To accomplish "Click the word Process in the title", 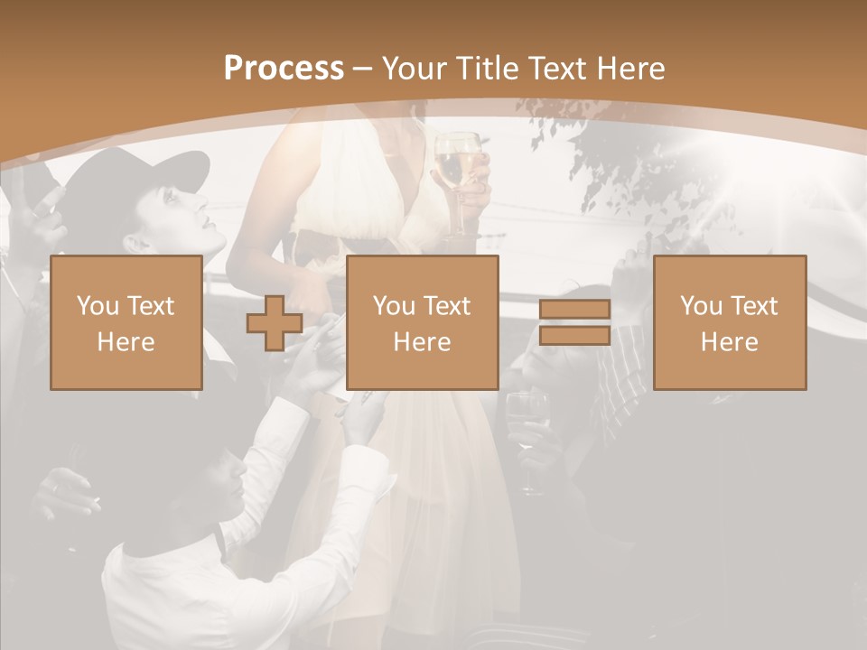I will (284, 69).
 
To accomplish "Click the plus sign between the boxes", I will (275, 323).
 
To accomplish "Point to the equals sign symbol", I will (574, 323).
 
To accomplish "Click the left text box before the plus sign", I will (126, 323).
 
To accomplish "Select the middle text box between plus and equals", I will (423, 323).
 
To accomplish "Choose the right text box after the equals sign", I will (730, 323).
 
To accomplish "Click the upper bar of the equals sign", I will (574, 311).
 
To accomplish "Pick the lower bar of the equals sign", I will (574, 336).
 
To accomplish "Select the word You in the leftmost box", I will (96, 306).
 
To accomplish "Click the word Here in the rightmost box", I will (730, 342).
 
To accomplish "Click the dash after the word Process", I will (363, 69).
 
